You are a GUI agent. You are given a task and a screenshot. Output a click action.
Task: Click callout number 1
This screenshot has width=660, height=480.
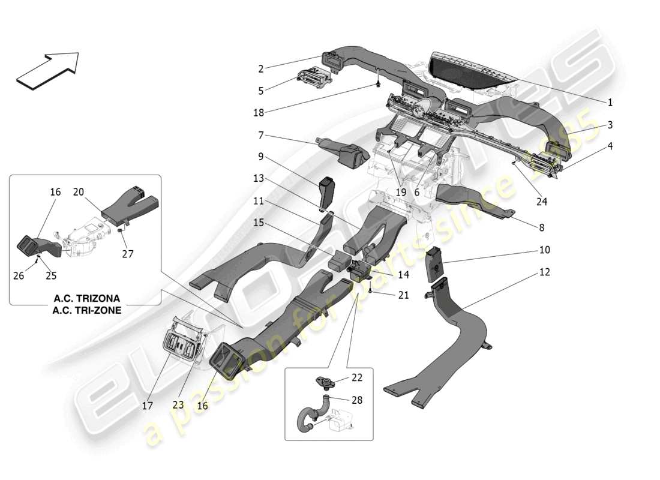click(x=610, y=103)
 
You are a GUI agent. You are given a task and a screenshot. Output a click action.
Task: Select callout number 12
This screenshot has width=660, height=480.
click(x=544, y=272)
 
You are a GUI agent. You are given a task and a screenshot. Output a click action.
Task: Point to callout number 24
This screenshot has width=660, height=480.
click(x=542, y=202)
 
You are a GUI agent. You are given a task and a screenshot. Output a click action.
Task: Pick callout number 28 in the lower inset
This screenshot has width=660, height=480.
click(x=357, y=400)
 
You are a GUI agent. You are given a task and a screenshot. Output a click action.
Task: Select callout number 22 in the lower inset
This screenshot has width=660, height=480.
click(x=357, y=377)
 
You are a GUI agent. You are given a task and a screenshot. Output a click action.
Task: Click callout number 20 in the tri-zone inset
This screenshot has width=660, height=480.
click(x=79, y=192)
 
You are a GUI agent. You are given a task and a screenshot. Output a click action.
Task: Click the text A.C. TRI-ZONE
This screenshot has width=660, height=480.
click(x=87, y=310)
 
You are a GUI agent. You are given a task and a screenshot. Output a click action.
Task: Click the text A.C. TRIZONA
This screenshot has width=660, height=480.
click(x=87, y=298)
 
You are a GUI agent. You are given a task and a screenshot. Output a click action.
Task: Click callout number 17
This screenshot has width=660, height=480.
click(x=148, y=406)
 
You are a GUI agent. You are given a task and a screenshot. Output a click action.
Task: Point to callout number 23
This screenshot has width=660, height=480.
click(x=178, y=404)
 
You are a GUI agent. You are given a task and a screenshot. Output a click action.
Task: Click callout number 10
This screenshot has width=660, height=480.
click(x=544, y=250)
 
